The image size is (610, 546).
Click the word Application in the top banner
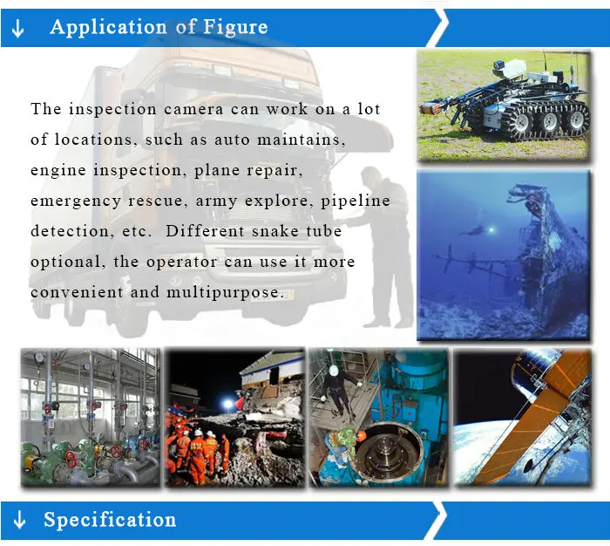pyautogui.click(x=109, y=27)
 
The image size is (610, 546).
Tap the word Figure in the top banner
pyautogui.click(x=235, y=27)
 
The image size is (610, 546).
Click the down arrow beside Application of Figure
pyautogui.click(x=18, y=28)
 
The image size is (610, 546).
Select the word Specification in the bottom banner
pyautogui.click(x=110, y=520)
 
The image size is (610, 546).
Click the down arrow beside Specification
pyautogui.click(x=19, y=520)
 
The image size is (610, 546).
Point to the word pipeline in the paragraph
pyautogui.click(x=356, y=201)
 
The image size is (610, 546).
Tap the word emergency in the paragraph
pyautogui.click(x=76, y=201)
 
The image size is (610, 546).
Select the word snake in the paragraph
pyautogui.click(x=275, y=231)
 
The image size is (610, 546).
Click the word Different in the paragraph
pyautogui.click(x=205, y=231)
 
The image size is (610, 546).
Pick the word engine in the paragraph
pyautogui.click(x=58, y=171)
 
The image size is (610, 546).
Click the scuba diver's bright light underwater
pyautogui.click(x=491, y=230)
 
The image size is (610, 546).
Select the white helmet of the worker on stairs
pyautogui.click(x=334, y=371)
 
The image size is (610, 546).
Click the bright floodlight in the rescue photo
pyautogui.click(x=228, y=404)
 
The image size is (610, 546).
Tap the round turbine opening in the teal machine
pyautogui.click(x=389, y=452)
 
